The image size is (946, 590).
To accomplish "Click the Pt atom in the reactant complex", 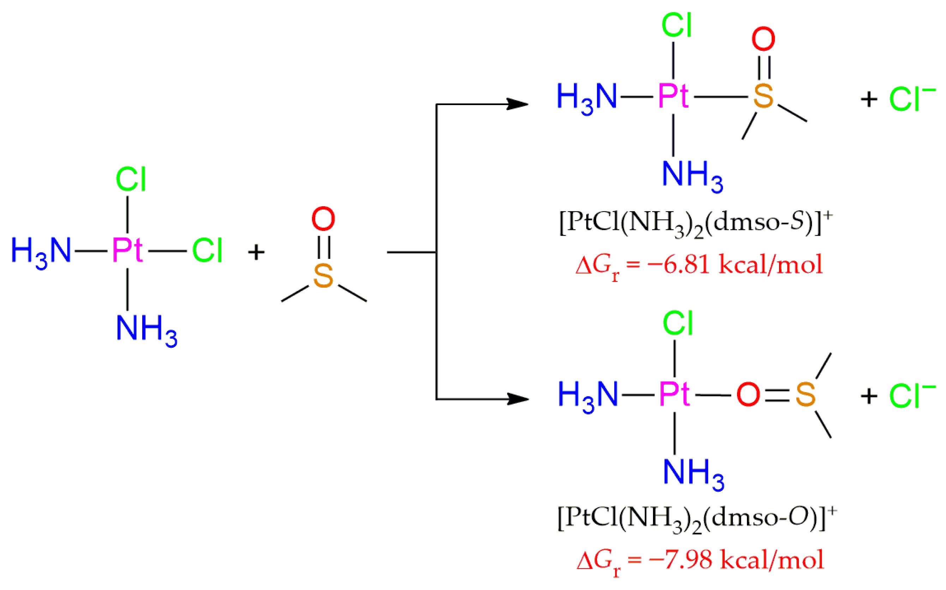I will tap(127, 250).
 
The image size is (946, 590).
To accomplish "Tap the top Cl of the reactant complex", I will tap(131, 180).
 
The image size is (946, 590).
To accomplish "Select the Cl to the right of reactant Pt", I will tap(207, 250).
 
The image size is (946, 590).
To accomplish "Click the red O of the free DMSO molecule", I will tap(323, 219).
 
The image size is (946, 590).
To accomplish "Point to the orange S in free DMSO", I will tap(323, 276).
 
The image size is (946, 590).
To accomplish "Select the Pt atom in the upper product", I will tap(672, 96).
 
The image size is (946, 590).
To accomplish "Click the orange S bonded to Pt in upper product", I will tap(763, 96).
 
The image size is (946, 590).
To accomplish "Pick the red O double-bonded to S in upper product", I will tap(763, 39).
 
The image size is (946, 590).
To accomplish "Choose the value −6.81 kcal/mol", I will tap(734, 265).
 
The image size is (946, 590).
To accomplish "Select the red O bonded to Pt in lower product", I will tap(748, 395).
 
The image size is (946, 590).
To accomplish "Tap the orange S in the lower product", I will tap(806, 395).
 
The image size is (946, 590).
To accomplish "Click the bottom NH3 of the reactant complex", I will tap(146, 329).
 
